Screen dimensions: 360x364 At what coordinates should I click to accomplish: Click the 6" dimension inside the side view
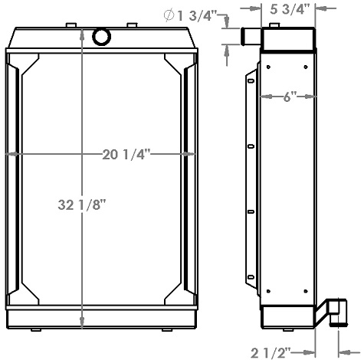pyautogui.click(x=288, y=97)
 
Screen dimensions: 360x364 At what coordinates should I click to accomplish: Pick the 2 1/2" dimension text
pyautogui.click(x=272, y=352)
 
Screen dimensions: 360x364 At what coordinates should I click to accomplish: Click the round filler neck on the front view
pyautogui.click(x=101, y=36)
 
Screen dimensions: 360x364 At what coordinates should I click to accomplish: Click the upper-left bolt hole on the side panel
pyautogui.click(x=269, y=68)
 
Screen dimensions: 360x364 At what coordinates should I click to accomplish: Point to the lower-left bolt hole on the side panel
pyautogui.click(x=269, y=287)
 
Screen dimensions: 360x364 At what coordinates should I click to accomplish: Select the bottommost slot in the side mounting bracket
pyautogui.click(x=251, y=278)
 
